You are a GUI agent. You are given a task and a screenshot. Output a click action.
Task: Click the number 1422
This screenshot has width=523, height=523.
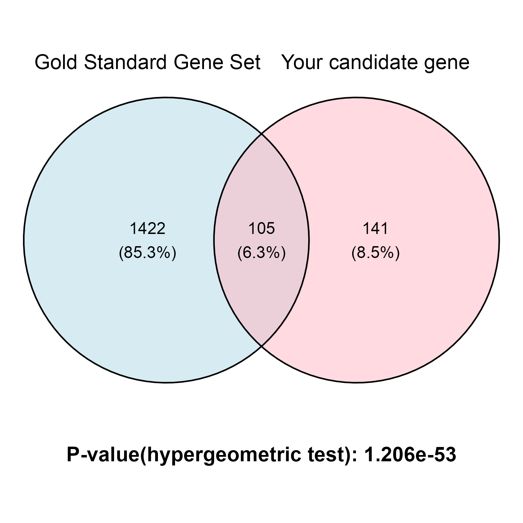pos(147,229)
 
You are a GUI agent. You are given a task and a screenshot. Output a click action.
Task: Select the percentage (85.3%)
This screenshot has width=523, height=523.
pos(147,252)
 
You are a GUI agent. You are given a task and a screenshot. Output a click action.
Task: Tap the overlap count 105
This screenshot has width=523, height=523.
pos(261,229)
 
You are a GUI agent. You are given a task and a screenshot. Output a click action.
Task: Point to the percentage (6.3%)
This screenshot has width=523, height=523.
pos(261,252)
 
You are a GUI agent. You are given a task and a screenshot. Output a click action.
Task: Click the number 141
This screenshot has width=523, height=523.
pos(376,229)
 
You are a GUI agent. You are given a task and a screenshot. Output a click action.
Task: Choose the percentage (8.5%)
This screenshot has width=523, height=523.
pos(376,252)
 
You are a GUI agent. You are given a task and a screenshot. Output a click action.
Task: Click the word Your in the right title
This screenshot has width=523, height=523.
pos(303,62)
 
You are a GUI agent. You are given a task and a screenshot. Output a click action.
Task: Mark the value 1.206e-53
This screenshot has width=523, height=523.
pos(410,455)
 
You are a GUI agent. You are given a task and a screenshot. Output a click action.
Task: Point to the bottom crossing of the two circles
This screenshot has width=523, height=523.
pos(261,346)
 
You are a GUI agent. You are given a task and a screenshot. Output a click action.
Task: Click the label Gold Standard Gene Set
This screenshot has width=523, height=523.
pos(148,62)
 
